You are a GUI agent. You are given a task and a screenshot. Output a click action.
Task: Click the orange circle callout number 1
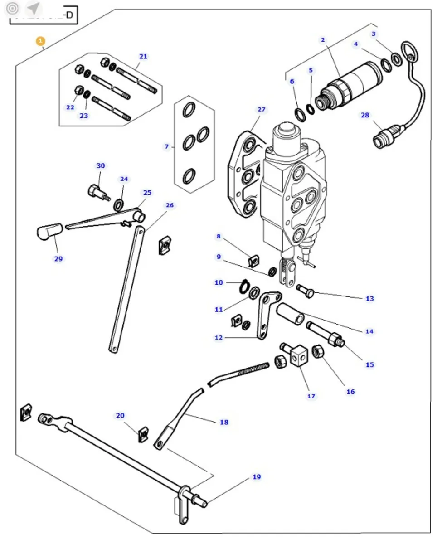pyautogui.click(x=41, y=41)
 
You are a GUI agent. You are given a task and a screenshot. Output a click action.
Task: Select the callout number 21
pyautogui.click(x=143, y=57)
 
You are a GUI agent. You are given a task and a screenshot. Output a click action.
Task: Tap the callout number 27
pyautogui.click(x=261, y=110)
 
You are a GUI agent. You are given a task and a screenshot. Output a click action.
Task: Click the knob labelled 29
pyautogui.click(x=48, y=231)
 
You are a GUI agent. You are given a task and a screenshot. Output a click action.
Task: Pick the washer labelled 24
pyautogui.click(x=119, y=205)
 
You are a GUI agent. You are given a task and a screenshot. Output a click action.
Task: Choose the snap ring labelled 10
pyautogui.click(x=243, y=286)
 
